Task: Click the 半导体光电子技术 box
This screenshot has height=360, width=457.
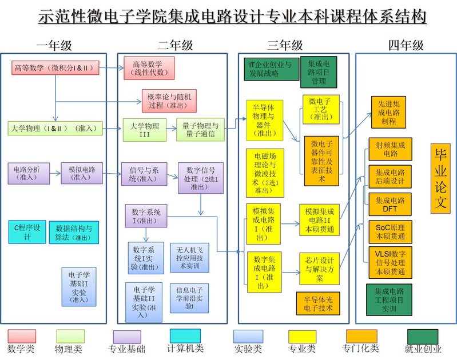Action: click(x=318, y=303)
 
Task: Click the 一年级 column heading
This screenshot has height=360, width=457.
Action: click(x=54, y=45)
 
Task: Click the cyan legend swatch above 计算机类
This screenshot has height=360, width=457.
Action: click(x=185, y=337)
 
